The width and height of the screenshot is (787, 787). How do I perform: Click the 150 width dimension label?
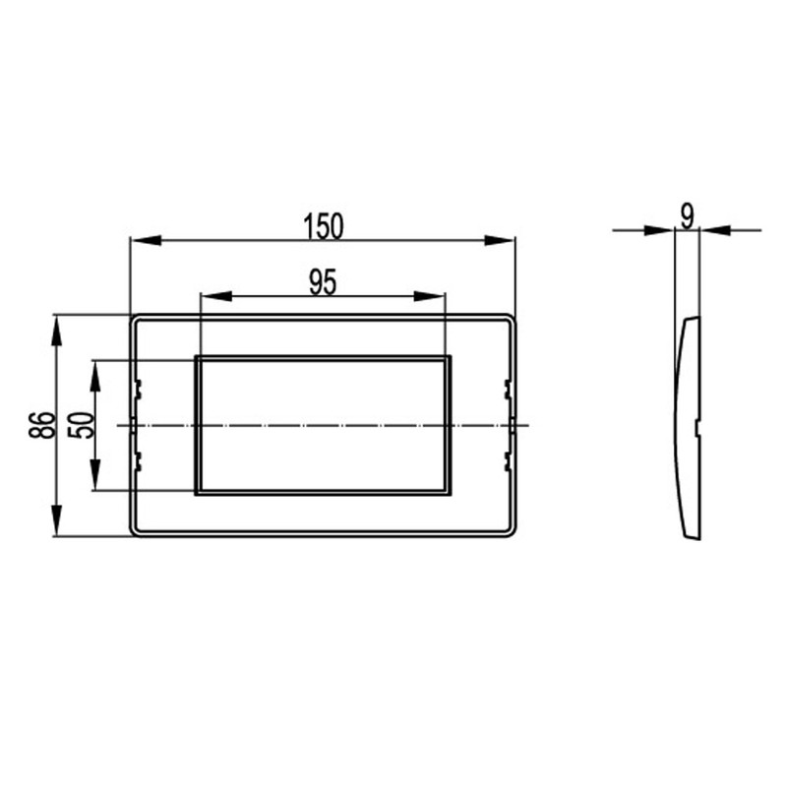(x=324, y=226)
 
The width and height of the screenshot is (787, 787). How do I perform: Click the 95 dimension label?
(x=323, y=282)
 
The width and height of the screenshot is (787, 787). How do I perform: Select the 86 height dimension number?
(x=41, y=425)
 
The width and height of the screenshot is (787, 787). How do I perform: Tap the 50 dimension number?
(x=82, y=425)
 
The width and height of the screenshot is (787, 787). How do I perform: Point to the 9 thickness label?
(x=687, y=217)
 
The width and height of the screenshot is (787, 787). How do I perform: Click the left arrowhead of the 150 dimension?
(x=146, y=240)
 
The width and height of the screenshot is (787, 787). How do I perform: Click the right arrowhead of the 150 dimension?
(x=500, y=240)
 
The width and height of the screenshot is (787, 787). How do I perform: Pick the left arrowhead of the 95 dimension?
(x=215, y=296)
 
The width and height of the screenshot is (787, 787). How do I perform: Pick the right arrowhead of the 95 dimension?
(x=430, y=296)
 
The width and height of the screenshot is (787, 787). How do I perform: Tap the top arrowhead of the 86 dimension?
(x=56, y=331)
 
